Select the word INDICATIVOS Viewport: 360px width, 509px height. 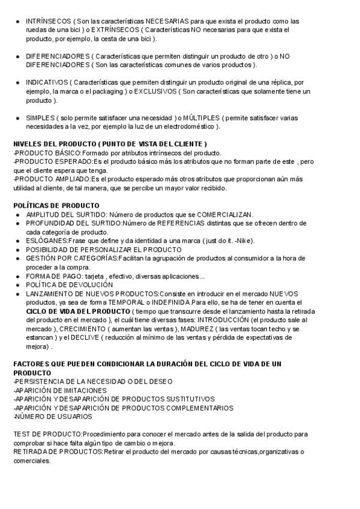click(x=46, y=82)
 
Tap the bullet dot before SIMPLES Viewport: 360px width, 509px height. click(x=17, y=118)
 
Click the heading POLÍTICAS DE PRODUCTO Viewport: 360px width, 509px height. click(x=56, y=205)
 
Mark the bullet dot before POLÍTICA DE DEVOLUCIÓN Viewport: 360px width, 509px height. click(x=17, y=285)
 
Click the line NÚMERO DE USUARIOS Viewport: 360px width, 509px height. click(x=53, y=416)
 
